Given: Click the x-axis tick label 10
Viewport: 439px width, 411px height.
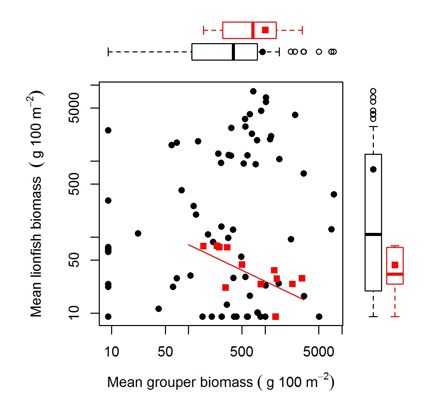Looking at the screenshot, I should coord(111,352).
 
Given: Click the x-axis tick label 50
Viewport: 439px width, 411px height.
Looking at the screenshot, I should coord(165,352).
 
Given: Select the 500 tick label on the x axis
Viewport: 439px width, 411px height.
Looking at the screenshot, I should coord(241,352).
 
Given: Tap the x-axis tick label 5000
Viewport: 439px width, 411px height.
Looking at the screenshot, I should coord(319,352).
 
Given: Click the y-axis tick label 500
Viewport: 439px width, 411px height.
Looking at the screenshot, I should coord(74,184).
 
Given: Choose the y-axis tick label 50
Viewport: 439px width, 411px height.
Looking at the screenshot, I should coord(74,260).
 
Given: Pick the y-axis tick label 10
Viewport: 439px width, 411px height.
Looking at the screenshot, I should coord(74,313).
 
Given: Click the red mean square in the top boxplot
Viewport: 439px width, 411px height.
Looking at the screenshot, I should coord(265,30).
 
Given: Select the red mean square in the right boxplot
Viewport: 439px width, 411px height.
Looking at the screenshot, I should coord(395,265).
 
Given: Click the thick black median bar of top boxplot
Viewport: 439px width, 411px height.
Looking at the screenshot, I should coord(234,52).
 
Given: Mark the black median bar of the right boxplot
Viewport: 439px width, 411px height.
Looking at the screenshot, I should coord(373,234).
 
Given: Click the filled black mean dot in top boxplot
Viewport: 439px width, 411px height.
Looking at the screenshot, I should coord(262,52).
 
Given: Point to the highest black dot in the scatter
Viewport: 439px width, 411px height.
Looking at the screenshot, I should coord(253,91).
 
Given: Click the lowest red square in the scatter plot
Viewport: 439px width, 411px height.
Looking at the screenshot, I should coord(275,316).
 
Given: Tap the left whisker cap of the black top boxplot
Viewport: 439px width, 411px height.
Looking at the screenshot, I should coord(108,52).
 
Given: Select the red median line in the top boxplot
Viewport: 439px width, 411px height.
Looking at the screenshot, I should coord(253,30).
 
